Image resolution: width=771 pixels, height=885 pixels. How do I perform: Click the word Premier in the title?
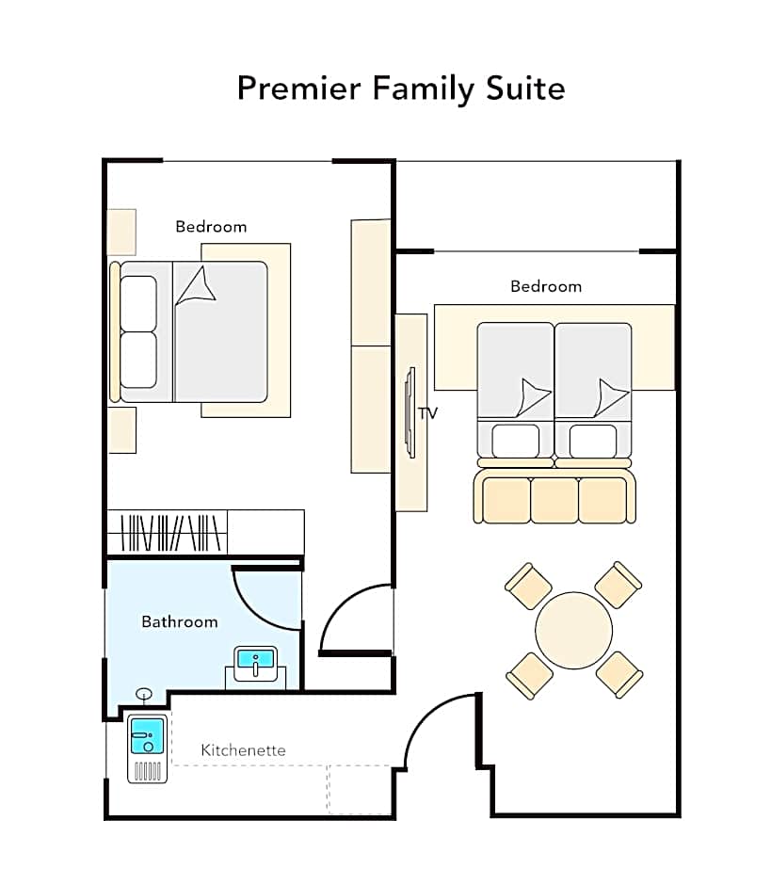point(299,88)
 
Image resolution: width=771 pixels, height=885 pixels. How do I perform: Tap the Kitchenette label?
point(243,750)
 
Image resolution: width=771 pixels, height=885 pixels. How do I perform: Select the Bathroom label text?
point(180,621)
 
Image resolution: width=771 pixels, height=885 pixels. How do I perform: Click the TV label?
point(427,413)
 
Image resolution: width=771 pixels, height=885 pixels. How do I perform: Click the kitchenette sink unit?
point(147,748)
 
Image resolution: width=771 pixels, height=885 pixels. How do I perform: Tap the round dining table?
point(573,630)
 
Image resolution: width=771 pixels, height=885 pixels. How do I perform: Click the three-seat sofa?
point(554,497)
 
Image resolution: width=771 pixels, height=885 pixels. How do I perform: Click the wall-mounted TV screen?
point(410,412)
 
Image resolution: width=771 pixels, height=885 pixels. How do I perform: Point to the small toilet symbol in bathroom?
point(144,694)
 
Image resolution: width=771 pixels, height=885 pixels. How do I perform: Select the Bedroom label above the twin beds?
point(546,286)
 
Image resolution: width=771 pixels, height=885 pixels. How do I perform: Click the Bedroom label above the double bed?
point(211,226)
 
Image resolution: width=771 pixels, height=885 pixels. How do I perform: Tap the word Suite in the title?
point(525,88)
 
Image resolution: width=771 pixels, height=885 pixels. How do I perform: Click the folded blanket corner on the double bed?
point(196,286)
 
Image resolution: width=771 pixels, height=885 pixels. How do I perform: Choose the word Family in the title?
point(424,89)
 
